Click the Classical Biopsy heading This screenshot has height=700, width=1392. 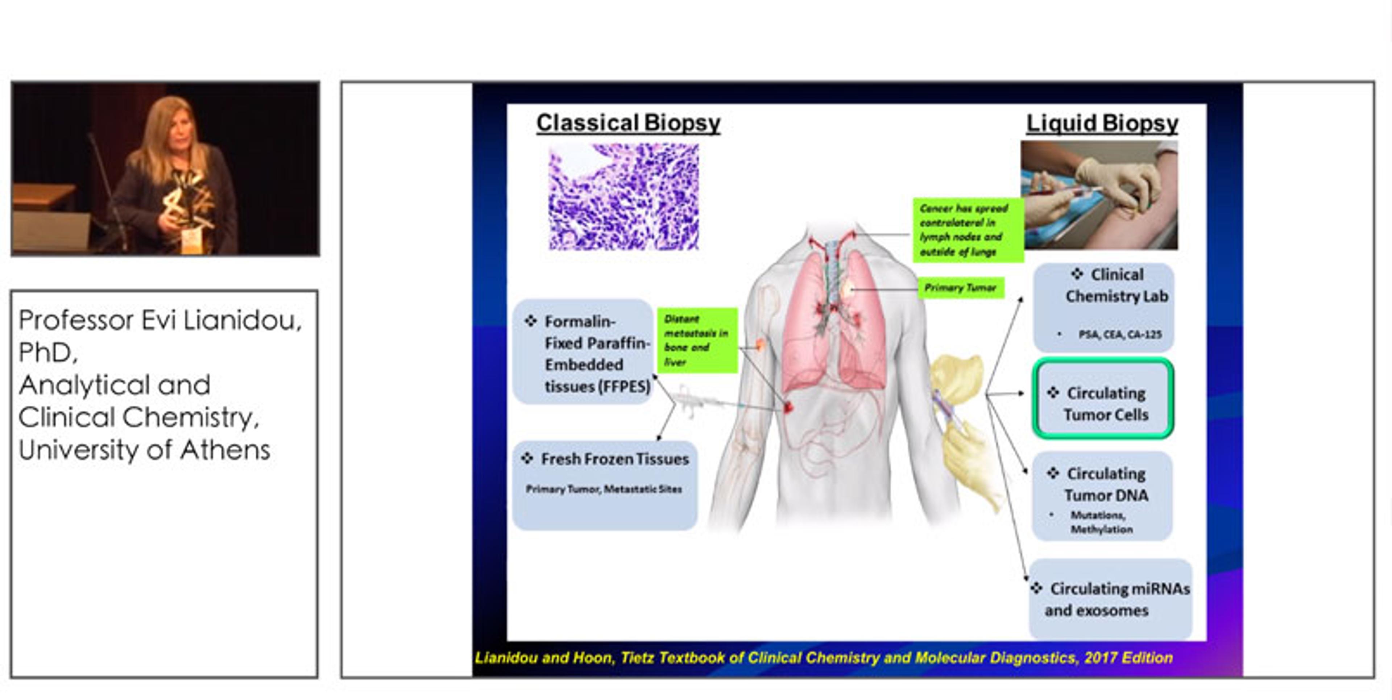[628, 123]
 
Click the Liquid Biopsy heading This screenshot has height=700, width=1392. [1102, 123]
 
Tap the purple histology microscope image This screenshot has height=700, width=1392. [623, 197]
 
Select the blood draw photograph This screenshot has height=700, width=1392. [1099, 195]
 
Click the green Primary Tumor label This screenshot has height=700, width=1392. [960, 287]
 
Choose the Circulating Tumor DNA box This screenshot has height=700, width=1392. [1102, 496]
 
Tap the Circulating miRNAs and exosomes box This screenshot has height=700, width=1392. [1110, 600]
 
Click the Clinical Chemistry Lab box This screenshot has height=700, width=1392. [1103, 307]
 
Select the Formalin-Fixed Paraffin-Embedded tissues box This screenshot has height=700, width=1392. [584, 352]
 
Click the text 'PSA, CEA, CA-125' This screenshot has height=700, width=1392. [1120, 334]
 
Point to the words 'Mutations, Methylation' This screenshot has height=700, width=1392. [1101, 522]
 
